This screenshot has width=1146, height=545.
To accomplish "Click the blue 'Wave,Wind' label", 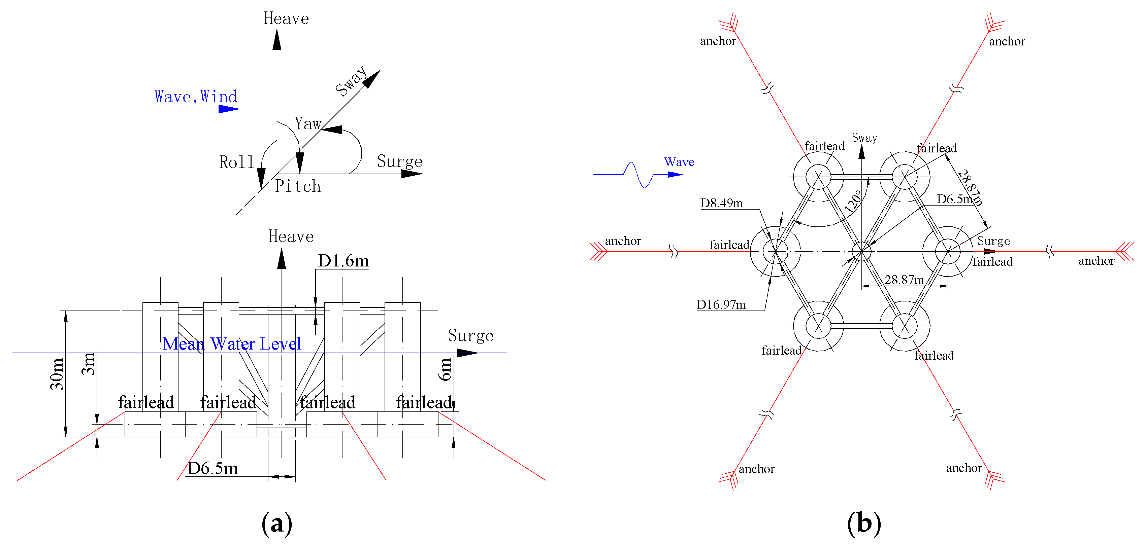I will coord(195,97).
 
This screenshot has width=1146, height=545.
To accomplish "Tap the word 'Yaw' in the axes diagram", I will coord(308,123).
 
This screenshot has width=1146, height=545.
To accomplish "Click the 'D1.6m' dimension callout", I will coord(343,261).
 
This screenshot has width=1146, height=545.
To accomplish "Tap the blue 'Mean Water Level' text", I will coord(232,343).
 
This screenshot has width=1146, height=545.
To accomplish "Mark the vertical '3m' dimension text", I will coord(89,364).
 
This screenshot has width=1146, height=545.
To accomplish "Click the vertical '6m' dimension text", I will coord(445,369).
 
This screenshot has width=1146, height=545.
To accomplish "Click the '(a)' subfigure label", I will coord(277,523).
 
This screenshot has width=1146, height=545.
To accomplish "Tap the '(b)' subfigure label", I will coord(864,523).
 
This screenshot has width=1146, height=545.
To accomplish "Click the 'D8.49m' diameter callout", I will coord(721,203).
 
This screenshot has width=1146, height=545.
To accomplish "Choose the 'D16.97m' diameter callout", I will coord(721,305).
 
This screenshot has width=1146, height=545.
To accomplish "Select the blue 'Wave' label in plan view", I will coord(679,162).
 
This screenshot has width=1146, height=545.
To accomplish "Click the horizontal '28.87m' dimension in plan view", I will coord(904,280).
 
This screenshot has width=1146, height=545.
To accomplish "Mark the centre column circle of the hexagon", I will coord(862,252).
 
